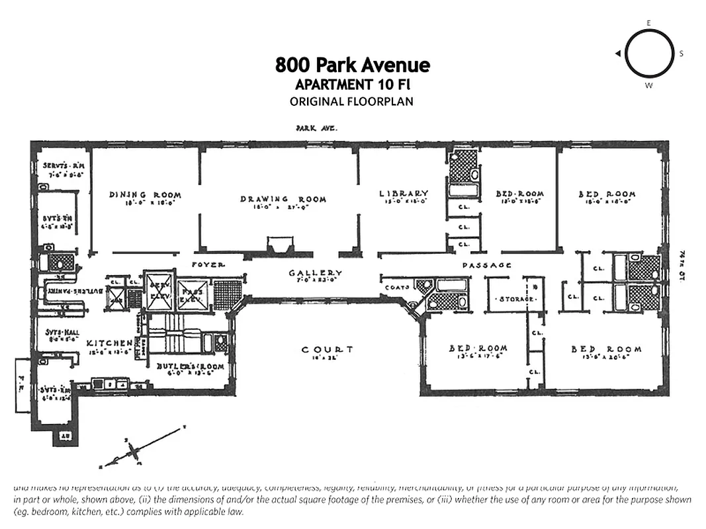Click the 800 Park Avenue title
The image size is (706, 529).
[x=352, y=65]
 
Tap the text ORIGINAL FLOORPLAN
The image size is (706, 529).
[x=351, y=101]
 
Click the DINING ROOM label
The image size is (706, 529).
[x=145, y=195]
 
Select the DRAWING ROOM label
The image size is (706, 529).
[x=283, y=199]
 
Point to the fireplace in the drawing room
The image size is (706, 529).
[x=278, y=246]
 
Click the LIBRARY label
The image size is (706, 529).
[x=404, y=194]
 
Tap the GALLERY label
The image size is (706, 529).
[x=315, y=273]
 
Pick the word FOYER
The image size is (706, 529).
[x=208, y=264]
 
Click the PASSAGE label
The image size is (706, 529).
[x=487, y=265]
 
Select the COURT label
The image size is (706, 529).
[x=327, y=349]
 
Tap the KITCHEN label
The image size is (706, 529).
[x=109, y=343]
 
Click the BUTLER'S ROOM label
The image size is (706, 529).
[x=191, y=366]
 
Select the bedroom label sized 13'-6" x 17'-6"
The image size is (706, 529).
[x=478, y=349]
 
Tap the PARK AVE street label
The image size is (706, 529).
[x=316, y=130]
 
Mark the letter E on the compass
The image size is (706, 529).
[x=648, y=22]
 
